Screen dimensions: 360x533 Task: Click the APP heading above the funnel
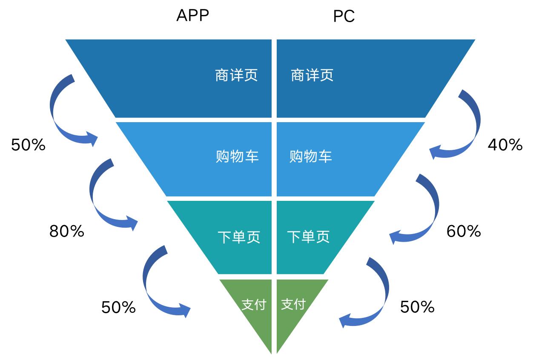click(x=192, y=16)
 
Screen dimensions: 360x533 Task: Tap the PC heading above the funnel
click(x=344, y=17)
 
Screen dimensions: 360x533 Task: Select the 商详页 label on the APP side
click(x=236, y=76)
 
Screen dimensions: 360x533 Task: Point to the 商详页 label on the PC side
click(x=312, y=76)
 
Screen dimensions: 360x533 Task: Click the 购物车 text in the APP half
click(x=237, y=157)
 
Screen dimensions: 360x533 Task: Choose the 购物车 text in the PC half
click(x=311, y=157)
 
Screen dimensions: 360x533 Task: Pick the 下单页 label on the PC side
click(x=309, y=237)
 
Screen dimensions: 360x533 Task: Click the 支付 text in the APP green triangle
click(x=253, y=305)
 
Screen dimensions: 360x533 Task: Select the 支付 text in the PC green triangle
click(x=293, y=305)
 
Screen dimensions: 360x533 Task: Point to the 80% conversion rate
click(x=67, y=231)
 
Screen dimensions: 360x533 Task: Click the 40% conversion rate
click(x=505, y=146)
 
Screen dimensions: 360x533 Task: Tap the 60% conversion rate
click(x=464, y=231)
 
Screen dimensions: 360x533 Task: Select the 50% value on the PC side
click(x=417, y=307)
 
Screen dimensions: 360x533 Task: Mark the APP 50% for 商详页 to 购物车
click(x=28, y=146)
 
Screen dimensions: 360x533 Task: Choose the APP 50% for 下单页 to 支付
click(x=118, y=307)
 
